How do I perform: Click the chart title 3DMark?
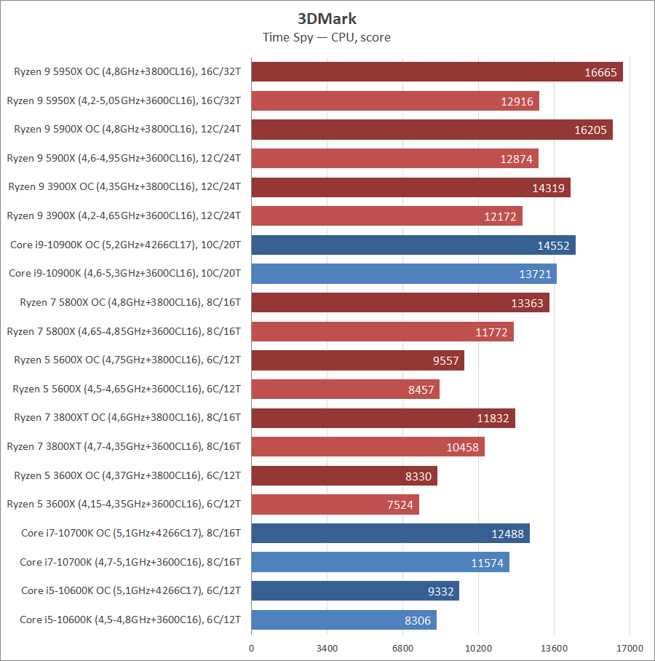(x=327, y=19)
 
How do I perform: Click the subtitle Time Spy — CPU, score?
(x=327, y=37)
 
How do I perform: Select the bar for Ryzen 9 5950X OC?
(x=437, y=71)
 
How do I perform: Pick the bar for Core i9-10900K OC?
(x=413, y=245)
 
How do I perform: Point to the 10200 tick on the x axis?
(x=478, y=648)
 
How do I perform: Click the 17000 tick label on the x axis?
(x=630, y=648)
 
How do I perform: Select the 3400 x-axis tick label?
(x=327, y=648)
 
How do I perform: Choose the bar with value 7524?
(x=335, y=504)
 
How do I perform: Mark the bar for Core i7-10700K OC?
(x=390, y=533)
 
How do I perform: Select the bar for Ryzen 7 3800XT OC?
(x=383, y=418)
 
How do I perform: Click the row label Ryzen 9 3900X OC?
(x=124, y=186)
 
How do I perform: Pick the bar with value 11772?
(x=382, y=331)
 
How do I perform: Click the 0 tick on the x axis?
(x=251, y=648)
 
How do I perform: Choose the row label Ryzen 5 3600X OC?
(x=127, y=475)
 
